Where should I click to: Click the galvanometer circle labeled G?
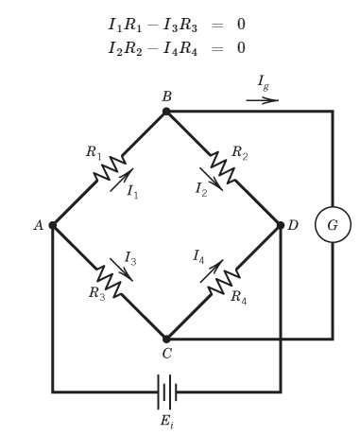(333, 225)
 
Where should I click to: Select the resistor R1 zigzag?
(110, 168)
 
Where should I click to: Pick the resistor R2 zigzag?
(223, 168)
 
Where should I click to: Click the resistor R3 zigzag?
(111, 281)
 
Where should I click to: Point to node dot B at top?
(166, 112)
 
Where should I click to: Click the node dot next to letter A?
(53, 225)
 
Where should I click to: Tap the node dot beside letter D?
(280, 225)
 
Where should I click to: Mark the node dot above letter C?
(166, 338)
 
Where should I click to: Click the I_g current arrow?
(262, 98)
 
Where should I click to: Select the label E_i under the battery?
(166, 420)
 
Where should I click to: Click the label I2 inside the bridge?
(201, 190)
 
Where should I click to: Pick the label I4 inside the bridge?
(199, 256)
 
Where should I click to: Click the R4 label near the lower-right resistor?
(239, 296)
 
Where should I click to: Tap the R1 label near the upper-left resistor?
(93, 151)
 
